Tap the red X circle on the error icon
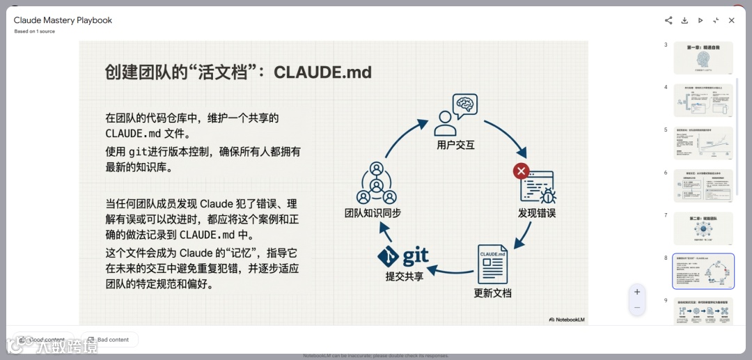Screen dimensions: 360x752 pyautogui.click(x=521, y=171)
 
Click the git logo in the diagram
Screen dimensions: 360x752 pyautogui.click(x=403, y=256)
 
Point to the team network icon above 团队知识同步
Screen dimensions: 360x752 pyautogui.click(x=376, y=183)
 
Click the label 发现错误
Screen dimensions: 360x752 pyautogui.click(x=537, y=213)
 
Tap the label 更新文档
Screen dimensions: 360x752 pyautogui.click(x=492, y=292)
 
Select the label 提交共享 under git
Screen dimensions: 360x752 pyautogui.click(x=405, y=276)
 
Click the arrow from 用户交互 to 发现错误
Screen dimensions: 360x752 pyautogui.click(x=506, y=136)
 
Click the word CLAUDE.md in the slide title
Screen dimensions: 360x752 pyautogui.click(x=322, y=72)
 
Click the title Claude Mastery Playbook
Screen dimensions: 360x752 pyautogui.click(x=63, y=20)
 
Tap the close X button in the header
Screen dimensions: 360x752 pyautogui.click(x=731, y=21)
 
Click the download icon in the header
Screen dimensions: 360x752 pyautogui.click(x=684, y=21)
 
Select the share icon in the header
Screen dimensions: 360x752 pyautogui.click(x=668, y=21)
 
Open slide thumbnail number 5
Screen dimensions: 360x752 pyautogui.click(x=703, y=143)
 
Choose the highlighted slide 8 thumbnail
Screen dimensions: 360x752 pyautogui.click(x=703, y=271)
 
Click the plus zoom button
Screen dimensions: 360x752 pyautogui.click(x=636, y=292)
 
